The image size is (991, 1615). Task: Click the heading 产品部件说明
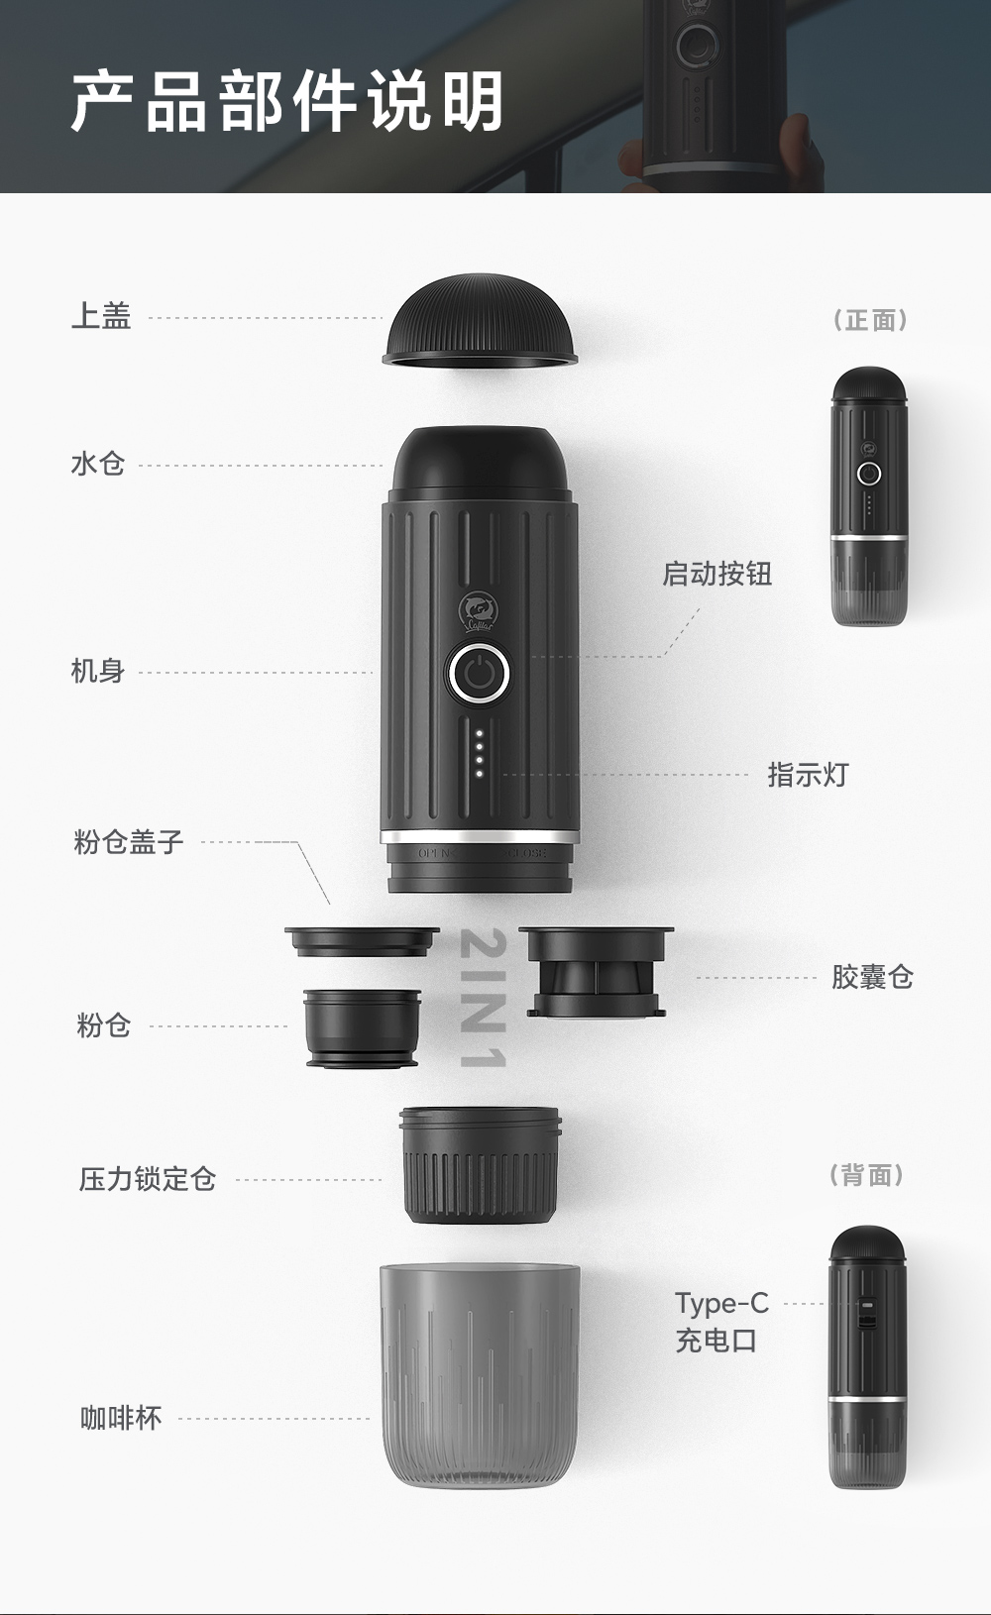[287, 101]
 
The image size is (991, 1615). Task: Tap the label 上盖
[101, 317]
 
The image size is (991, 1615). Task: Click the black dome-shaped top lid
[480, 324]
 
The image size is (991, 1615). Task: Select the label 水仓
[98, 464]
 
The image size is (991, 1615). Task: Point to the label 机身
[98, 671]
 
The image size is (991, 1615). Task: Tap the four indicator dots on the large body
[480, 753]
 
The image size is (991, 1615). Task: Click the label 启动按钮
[716, 574]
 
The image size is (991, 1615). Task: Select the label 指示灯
[808, 775]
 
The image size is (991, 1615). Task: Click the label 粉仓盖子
[129, 842]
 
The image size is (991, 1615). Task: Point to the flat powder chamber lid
[362, 941]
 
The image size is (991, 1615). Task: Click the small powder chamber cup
[362, 1027]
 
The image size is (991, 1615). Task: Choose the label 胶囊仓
[872, 977]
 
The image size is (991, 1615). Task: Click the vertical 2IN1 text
[484, 999]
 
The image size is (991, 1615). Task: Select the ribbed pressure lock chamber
[480, 1165]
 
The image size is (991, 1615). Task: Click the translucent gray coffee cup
[480, 1372]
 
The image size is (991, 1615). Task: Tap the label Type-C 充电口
[721, 1322]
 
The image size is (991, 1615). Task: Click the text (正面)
[869, 320]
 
